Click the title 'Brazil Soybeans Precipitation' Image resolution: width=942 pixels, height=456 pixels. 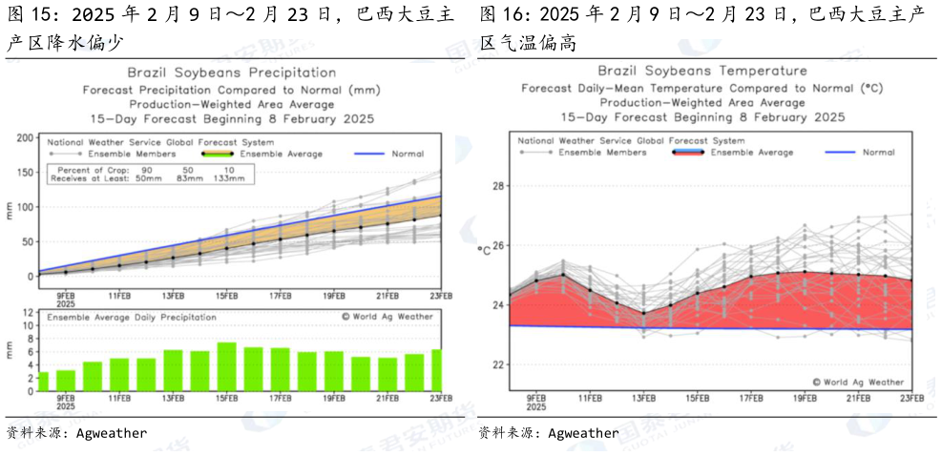[232, 73]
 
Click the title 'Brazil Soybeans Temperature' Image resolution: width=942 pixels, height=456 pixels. [702, 71]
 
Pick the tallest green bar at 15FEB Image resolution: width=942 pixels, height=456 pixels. [226, 363]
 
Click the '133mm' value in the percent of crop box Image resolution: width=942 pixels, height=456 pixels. [244, 177]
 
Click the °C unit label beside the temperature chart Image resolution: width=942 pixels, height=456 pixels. [484, 250]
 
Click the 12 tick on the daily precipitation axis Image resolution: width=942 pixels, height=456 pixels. [28, 311]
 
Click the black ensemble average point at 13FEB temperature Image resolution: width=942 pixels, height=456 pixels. [642, 313]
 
